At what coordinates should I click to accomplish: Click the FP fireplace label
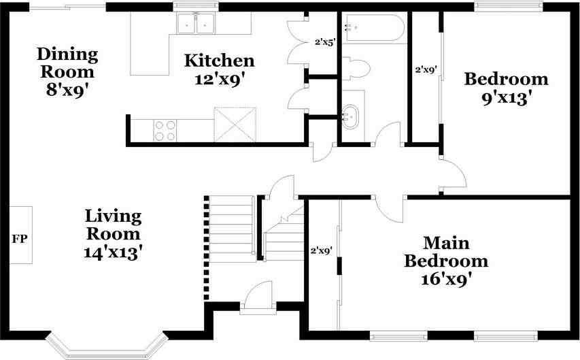20,240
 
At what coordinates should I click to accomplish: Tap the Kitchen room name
220,61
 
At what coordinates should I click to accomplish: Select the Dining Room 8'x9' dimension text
67,90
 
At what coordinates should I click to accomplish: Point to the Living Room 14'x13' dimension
113,252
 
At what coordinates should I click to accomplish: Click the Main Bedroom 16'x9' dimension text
446,279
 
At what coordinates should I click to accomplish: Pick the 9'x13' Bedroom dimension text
507,98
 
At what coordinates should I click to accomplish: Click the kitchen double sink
196,23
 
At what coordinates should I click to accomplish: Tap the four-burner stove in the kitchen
165,131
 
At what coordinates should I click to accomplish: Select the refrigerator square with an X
235,125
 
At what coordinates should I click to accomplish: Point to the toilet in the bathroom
356,69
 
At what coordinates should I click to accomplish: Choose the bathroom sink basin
350,117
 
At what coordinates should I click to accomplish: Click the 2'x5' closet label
325,42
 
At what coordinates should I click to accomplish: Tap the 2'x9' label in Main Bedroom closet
321,250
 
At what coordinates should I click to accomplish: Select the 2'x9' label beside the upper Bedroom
426,69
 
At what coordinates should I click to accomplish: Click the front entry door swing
258,295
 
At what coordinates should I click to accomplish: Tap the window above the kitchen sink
196,5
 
